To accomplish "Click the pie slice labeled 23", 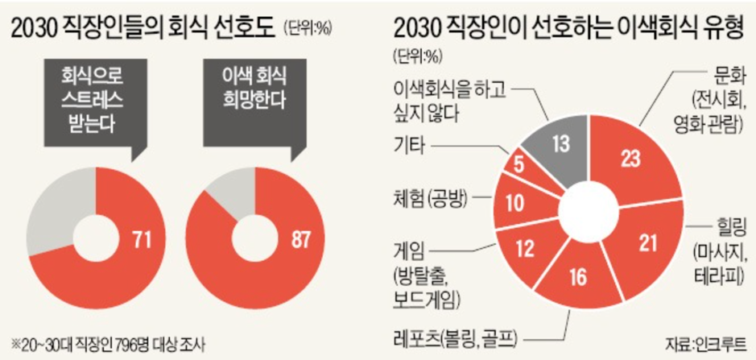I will (630, 159).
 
